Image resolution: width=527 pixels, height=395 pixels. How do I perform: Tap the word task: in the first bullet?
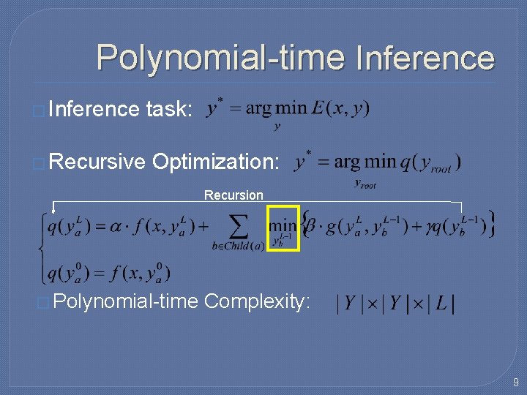(169, 110)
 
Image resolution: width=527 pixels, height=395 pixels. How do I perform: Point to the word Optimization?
(215, 162)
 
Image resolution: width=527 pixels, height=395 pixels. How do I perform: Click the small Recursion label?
(233, 195)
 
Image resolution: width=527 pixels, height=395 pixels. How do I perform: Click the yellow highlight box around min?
(283, 227)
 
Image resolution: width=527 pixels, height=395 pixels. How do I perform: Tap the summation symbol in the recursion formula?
(238, 226)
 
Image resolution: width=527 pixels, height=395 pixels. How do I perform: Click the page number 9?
(515, 382)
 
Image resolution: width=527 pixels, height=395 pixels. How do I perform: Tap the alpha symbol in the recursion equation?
(116, 226)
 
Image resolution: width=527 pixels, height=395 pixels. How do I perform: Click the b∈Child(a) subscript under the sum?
(238, 246)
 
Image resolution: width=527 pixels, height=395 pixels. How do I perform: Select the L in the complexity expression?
(440, 302)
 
